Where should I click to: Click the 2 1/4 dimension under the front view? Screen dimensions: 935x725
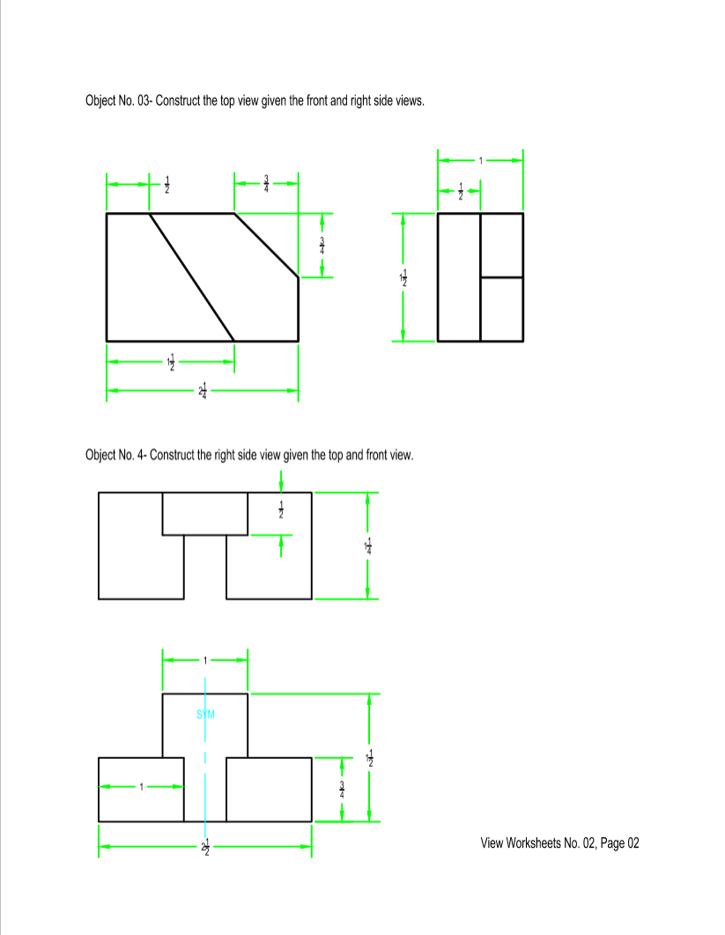[x=203, y=390]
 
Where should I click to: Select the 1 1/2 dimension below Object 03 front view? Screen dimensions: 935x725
[x=171, y=362]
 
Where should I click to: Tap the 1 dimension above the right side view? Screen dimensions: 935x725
[x=481, y=159]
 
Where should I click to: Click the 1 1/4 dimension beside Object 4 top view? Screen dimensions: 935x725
[x=369, y=547]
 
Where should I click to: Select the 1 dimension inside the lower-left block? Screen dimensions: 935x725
[x=139, y=787]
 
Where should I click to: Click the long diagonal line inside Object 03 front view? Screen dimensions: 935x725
[x=191, y=276]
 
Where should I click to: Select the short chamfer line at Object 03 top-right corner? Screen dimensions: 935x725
[x=266, y=246]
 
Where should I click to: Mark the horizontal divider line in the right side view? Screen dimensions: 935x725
[x=501, y=277]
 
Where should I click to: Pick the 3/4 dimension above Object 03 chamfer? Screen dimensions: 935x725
[x=267, y=183]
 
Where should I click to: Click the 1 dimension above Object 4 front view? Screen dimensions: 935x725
[x=205, y=659]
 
